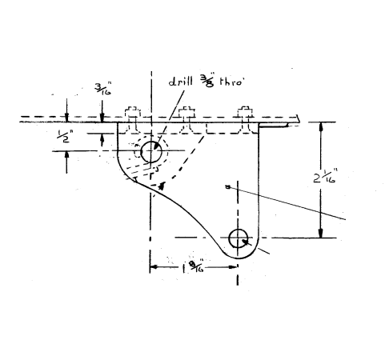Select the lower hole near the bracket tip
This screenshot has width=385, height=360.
tap(239, 238)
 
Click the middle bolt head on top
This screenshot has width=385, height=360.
tap(186, 112)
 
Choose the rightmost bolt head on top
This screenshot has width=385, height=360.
tap(240, 112)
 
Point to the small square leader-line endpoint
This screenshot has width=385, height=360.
tap(228, 188)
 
